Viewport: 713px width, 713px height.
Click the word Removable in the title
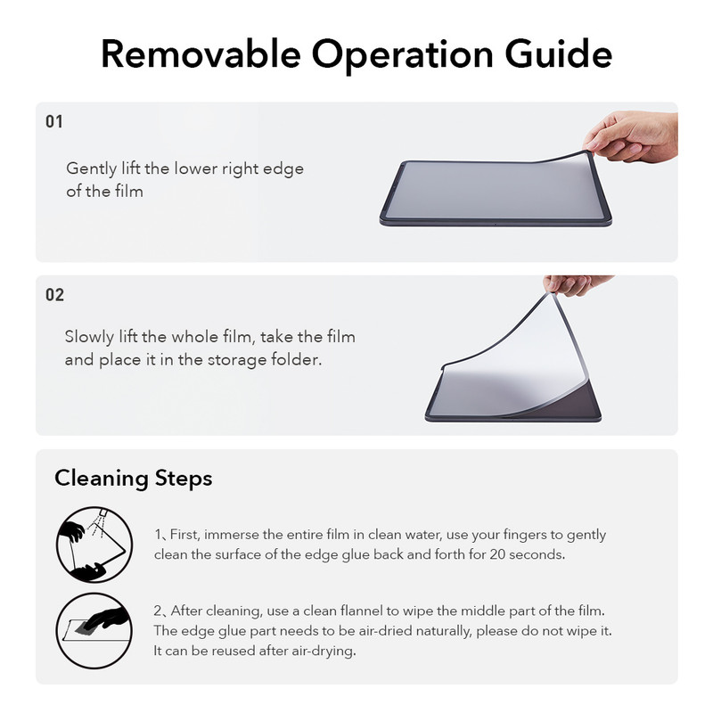pyautogui.click(x=201, y=54)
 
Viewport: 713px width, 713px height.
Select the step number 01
pyautogui.click(x=54, y=121)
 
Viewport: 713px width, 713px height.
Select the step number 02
pyautogui.click(x=54, y=295)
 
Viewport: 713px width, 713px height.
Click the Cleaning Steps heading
pyautogui.click(x=133, y=479)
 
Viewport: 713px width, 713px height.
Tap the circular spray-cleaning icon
pyautogui.click(x=94, y=545)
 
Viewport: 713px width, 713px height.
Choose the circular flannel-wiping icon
pyautogui.click(x=94, y=631)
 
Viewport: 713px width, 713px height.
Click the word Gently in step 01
pyautogui.click(x=92, y=169)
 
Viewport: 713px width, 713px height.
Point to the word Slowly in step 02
pyautogui.click(x=89, y=338)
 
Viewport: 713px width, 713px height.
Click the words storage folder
pyautogui.click(x=265, y=360)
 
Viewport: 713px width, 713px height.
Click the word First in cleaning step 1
pyautogui.click(x=184, y=534)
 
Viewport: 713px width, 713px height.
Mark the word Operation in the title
pyautogui.click(x=403, y=55)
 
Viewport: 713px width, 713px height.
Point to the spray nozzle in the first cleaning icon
pyautogui.click(x=103, y=512)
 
